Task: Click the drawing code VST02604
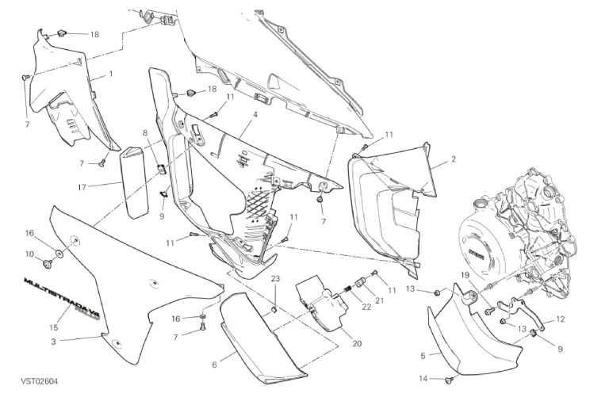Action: (39, 381)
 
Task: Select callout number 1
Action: (111, 74)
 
